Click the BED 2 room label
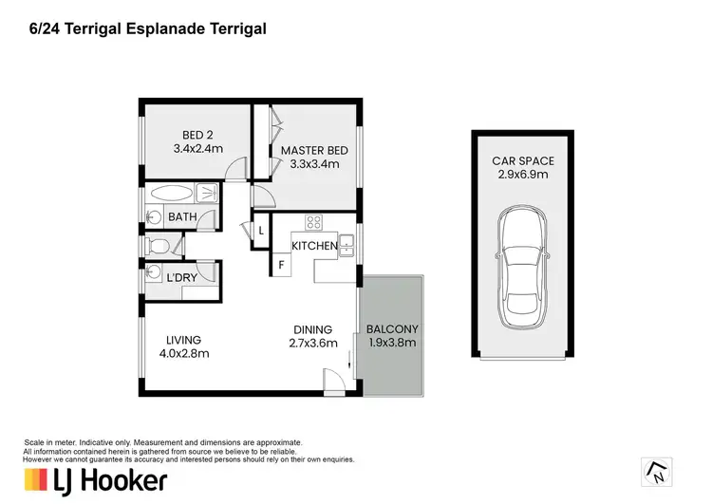(197, 135)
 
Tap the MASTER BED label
(314, 150)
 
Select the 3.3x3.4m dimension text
(314, 164)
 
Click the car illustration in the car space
(523, 267)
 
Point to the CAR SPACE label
(523, 160)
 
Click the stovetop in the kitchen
(314, 222)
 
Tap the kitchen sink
(346, 246)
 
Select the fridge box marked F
(282, 265)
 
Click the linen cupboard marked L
(261, 231)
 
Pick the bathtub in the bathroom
(172, 194)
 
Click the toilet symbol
(158, 247)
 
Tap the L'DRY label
(181, 277)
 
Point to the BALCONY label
(392, 328)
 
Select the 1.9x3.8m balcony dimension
(392, 343)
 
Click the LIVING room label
(183, 340)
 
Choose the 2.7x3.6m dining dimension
(313, 343)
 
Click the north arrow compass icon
(657, 473)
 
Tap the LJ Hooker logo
(96, 481)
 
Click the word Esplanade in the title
(165, 29)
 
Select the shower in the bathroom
(207, 193)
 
